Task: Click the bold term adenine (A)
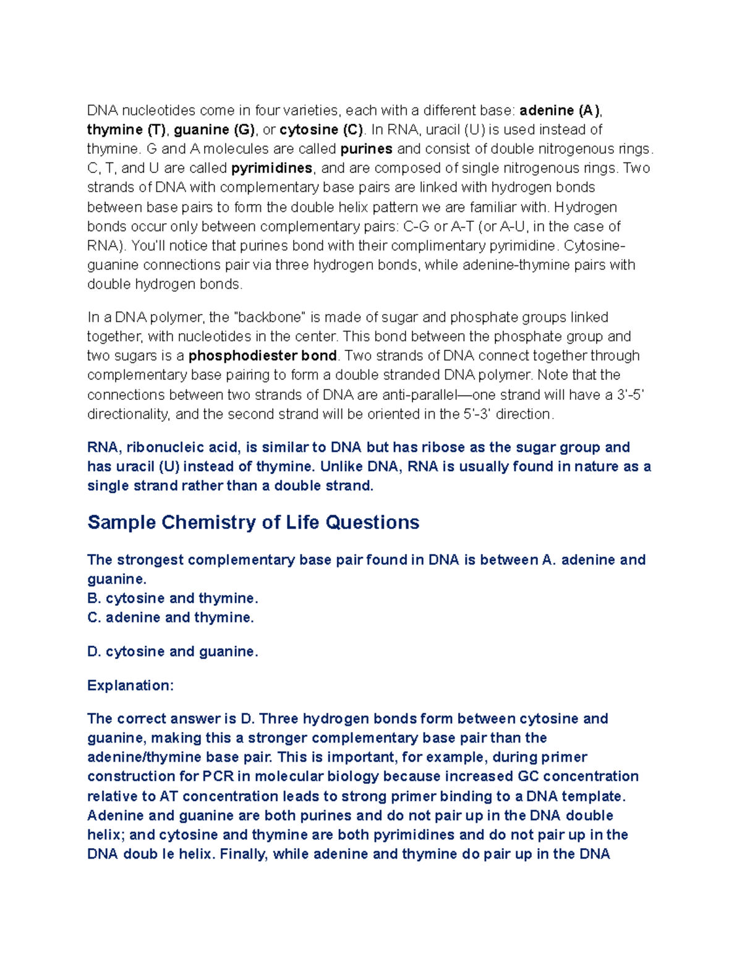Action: click(x=560, y=111)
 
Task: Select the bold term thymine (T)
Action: click(x=126, y=130)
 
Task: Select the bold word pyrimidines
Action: click(x=272, y=168)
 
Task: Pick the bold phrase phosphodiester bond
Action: click(x=263, y=356)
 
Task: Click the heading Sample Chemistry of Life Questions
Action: click(x=254, y=522)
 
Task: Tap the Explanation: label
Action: click(x=130, y=686)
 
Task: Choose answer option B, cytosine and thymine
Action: click(x=173, y=598)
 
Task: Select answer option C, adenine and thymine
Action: click(x=171, y=618)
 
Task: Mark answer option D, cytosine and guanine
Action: click(x=173, y=652)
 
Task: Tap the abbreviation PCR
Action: click(x=218, y=776)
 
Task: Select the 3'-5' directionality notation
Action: click(x=631, y=395)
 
